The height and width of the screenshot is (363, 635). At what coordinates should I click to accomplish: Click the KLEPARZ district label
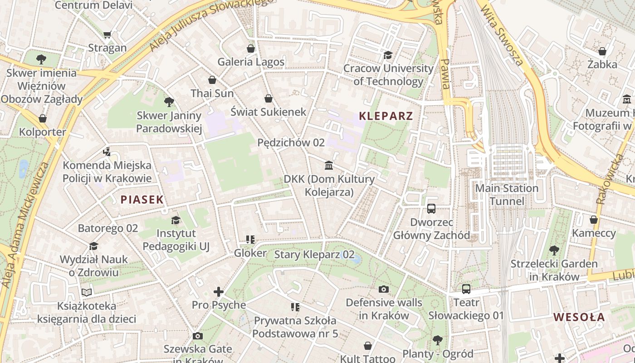click(x=386, y=116)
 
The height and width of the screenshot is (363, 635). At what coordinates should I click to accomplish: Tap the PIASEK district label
click(x=142, y=199)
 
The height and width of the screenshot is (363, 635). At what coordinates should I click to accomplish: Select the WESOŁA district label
click(x=579, y=317)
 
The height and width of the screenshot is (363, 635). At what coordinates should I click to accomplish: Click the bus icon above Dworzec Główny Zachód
click(x=431, y=209)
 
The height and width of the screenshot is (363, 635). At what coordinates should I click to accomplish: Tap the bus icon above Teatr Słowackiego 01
click(x=466, y=289)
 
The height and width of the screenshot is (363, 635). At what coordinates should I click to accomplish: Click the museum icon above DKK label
click(x=329, y=165)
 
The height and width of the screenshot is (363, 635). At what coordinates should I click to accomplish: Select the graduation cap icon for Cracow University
click(x=388, y=55)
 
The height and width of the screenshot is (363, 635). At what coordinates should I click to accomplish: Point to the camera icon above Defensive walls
click(x=383, y=289)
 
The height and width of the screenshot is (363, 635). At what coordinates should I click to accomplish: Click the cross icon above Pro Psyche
click(x=219, y=292)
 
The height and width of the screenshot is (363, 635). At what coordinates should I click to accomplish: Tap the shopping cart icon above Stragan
click(x=107, y=34)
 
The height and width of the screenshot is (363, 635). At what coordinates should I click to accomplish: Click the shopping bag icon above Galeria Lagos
click(x=251, y=49)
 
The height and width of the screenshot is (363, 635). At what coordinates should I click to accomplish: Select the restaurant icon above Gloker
click(x=250, y=239)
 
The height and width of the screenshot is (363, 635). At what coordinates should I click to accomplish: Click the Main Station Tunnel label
click(x=507, y=195)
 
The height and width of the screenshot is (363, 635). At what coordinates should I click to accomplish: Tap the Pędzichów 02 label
click(x=291, y=142)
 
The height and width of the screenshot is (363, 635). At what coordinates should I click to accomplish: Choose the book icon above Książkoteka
click(x=86, y=292)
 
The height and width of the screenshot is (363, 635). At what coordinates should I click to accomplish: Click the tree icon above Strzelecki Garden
click(x=554, y=250)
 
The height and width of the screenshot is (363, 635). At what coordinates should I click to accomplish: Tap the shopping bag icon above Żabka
click(x=602, y=51)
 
